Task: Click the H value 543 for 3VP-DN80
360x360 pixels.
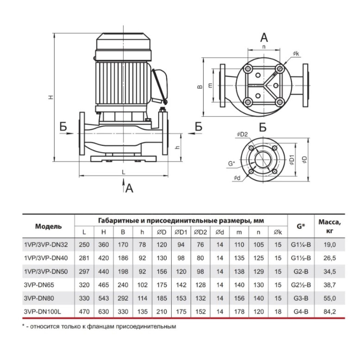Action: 104,298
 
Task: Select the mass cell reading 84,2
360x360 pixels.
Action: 329,311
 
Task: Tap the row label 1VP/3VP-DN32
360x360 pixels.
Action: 46,245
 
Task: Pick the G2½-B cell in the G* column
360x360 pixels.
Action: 301,285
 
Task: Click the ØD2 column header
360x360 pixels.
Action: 200,232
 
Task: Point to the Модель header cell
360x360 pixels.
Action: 49,226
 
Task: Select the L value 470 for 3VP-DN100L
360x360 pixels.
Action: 84,311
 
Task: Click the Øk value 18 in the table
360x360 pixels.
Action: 278,311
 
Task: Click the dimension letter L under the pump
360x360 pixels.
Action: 123,172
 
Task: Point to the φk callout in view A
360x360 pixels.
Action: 296,54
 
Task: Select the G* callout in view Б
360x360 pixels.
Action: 231,163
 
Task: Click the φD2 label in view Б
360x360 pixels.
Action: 242,134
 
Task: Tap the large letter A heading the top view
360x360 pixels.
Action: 264,37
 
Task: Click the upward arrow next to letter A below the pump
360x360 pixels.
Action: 123,185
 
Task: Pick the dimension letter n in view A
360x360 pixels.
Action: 264,47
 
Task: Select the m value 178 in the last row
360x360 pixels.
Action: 239,311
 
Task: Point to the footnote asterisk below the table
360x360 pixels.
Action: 23,326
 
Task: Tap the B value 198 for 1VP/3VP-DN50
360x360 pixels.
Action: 123,271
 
